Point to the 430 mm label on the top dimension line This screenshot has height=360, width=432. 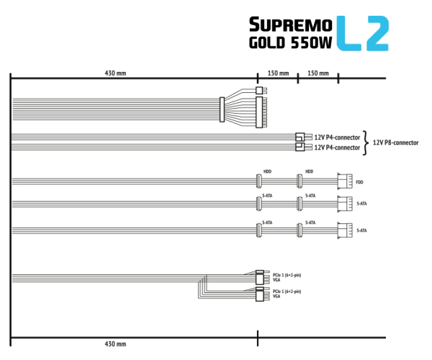[117, 73]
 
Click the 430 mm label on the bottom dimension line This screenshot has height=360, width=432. [117, 345]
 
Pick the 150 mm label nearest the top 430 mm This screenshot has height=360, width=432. [278, 73]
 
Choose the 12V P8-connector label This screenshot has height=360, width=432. [397, 142]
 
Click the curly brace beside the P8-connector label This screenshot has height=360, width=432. [366, 142]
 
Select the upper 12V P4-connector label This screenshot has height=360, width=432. [338, 137]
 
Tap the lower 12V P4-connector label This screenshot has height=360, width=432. [338, 147]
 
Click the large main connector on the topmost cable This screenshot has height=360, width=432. [259, 112]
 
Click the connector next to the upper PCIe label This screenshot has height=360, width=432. [261, 278]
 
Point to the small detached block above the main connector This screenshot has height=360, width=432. [259, 91]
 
